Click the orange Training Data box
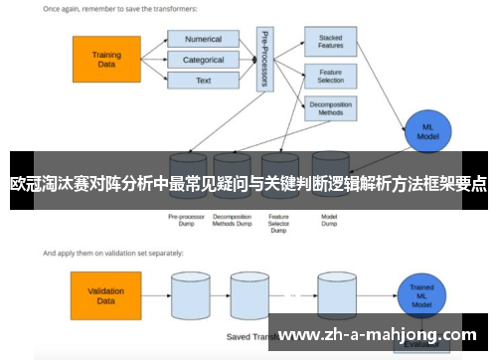pyautogui.click(x=106, y=59)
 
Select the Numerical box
pyautogui.click(x=203, y=40)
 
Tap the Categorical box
pyautogui.click(x=203, y=60)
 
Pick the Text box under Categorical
pyautogui.click(x=203, y=81)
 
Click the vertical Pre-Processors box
pyautogui.click(x=263, y=61)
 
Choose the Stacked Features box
pyautogui.click(x=330, y=41)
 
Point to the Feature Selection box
pyautogui.click(x=330, y=76)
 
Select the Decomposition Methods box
pyautogui.click(x=330, y=108)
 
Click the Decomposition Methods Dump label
pyautogui.click(x=232, y=219)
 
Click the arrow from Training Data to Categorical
pyautogui.click(x=154, y=60)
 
